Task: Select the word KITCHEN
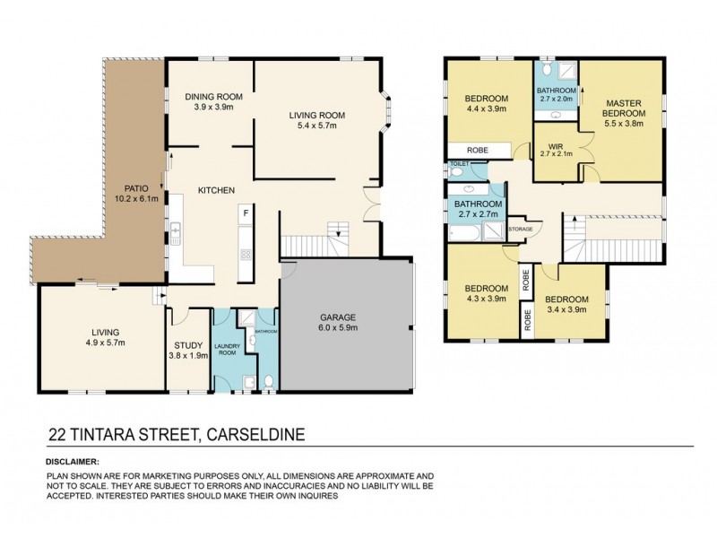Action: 217,190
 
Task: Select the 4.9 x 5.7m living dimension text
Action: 104,342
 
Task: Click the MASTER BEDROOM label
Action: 619,108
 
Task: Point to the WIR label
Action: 555,142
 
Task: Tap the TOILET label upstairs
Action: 458,164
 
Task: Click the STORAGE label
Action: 521,230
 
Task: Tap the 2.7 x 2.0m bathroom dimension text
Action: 556,100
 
